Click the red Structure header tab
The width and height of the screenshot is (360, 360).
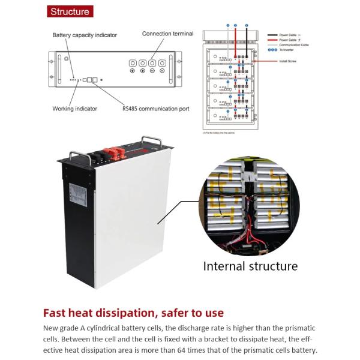click(70, 11)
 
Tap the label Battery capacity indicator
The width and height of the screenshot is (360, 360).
click(85, 35)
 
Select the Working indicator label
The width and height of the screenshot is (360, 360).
click(74, 109)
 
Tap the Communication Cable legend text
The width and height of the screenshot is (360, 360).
click(283, 44)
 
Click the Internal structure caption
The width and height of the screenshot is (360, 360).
click(250, 265)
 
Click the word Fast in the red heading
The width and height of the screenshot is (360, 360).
click(58, 313)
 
